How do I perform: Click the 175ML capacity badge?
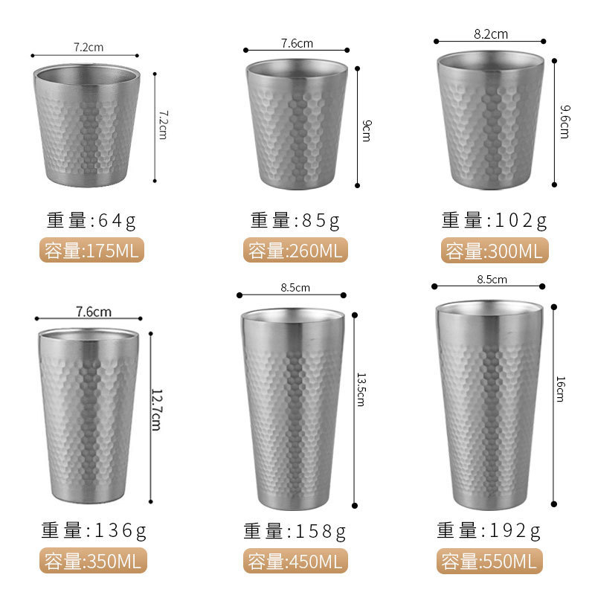pos(91,250)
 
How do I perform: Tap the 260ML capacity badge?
pos(295,250)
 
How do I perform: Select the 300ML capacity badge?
pos(495,251)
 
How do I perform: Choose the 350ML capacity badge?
pos(93,561)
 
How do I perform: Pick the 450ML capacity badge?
pos(295,561)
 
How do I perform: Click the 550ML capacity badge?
pos(489,561)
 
